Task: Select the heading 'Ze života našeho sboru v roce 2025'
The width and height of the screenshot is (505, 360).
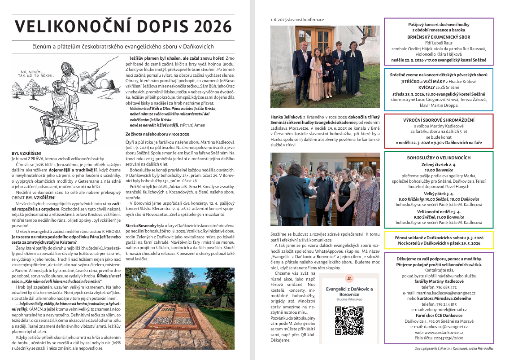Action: (x=157, y=134)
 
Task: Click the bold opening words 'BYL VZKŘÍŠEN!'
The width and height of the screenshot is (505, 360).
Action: (x=27, y=154)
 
